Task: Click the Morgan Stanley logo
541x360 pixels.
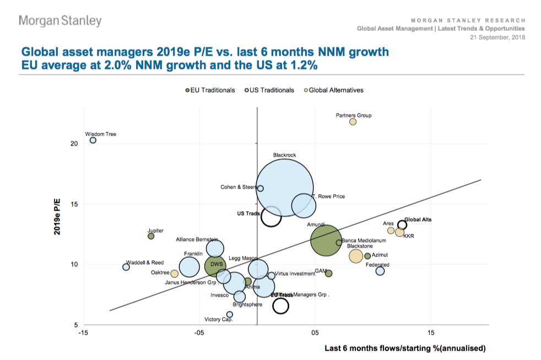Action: coord(60,21)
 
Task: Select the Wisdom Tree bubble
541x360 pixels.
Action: coord(93,141)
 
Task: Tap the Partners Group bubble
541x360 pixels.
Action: coord(353,122)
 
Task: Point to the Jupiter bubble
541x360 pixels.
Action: coord(151,236)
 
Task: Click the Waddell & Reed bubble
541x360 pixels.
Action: coord(126,267)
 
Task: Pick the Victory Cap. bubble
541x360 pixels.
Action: coord(230,314)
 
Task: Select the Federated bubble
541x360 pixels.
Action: coord(380,271)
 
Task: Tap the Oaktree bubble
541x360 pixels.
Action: coord(175,273)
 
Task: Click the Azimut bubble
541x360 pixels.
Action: coord(367,256)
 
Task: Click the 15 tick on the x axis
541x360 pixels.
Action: coord(431,333)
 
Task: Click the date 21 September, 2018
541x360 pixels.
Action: coord(497,37)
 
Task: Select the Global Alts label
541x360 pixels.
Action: coord(418,219)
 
